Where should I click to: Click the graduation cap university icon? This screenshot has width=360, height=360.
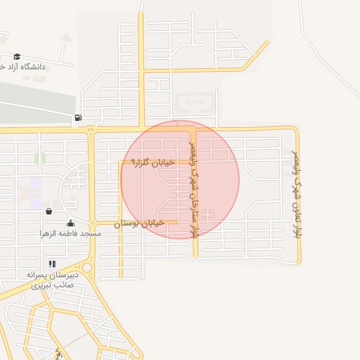[x=16, y=57]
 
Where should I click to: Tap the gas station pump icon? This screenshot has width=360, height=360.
[x=77, y=117]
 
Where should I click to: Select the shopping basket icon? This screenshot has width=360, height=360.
[x=49, y=210]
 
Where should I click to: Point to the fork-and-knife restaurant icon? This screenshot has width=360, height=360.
[x=52, y=264]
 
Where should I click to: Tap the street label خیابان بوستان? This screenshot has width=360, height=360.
[x=139, y=223]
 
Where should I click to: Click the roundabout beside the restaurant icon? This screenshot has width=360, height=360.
[x=86, y=267]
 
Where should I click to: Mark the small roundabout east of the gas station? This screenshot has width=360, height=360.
[x=91, y=129]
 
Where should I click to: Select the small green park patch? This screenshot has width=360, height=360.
[x=40, y=158]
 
